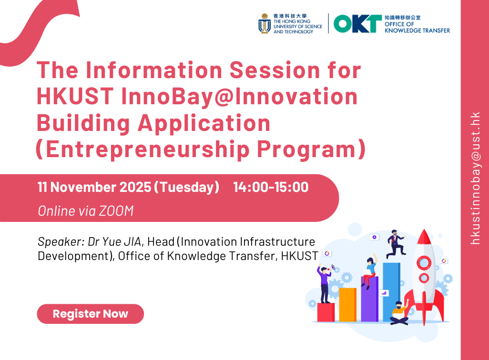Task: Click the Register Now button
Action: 90,314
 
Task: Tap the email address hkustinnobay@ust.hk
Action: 475,179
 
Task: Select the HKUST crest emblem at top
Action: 264,24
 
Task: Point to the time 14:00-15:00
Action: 271,187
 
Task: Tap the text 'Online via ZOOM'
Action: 85,211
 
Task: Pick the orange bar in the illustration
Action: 347,305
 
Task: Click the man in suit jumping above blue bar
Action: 395,243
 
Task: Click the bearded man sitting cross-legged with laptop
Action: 399,312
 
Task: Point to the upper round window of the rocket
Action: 423,262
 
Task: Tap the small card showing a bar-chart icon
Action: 384,293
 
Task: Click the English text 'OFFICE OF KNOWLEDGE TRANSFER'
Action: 417,27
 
